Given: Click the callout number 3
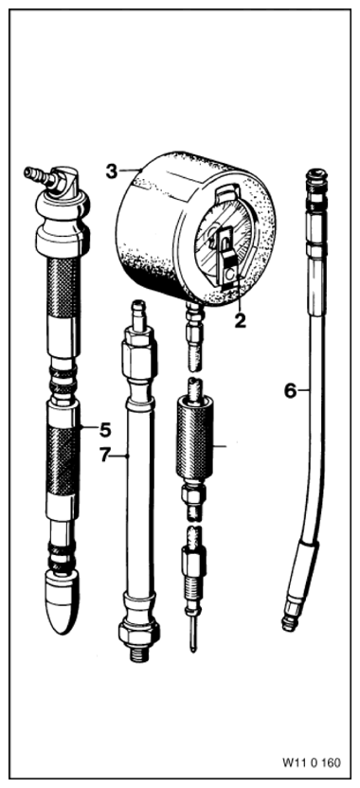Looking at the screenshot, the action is pyautogui.click(x=112, y=170).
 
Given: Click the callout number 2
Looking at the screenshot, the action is pyautogui.click(x=241, y=321).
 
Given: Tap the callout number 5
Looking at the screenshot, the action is pyautogui.click(x=105, y=430).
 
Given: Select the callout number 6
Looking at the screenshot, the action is pyautogui.click(x=290, y=390).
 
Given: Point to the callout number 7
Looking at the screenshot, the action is pyautogui.click(x=104, y=456).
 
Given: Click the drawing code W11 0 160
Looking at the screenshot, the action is pyautogui.click(x=311, y=762).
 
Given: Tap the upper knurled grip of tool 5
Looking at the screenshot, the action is pyautogui.click(x=63, y=285).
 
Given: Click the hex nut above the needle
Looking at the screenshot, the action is pyautogui.click(x=193, y=562).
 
